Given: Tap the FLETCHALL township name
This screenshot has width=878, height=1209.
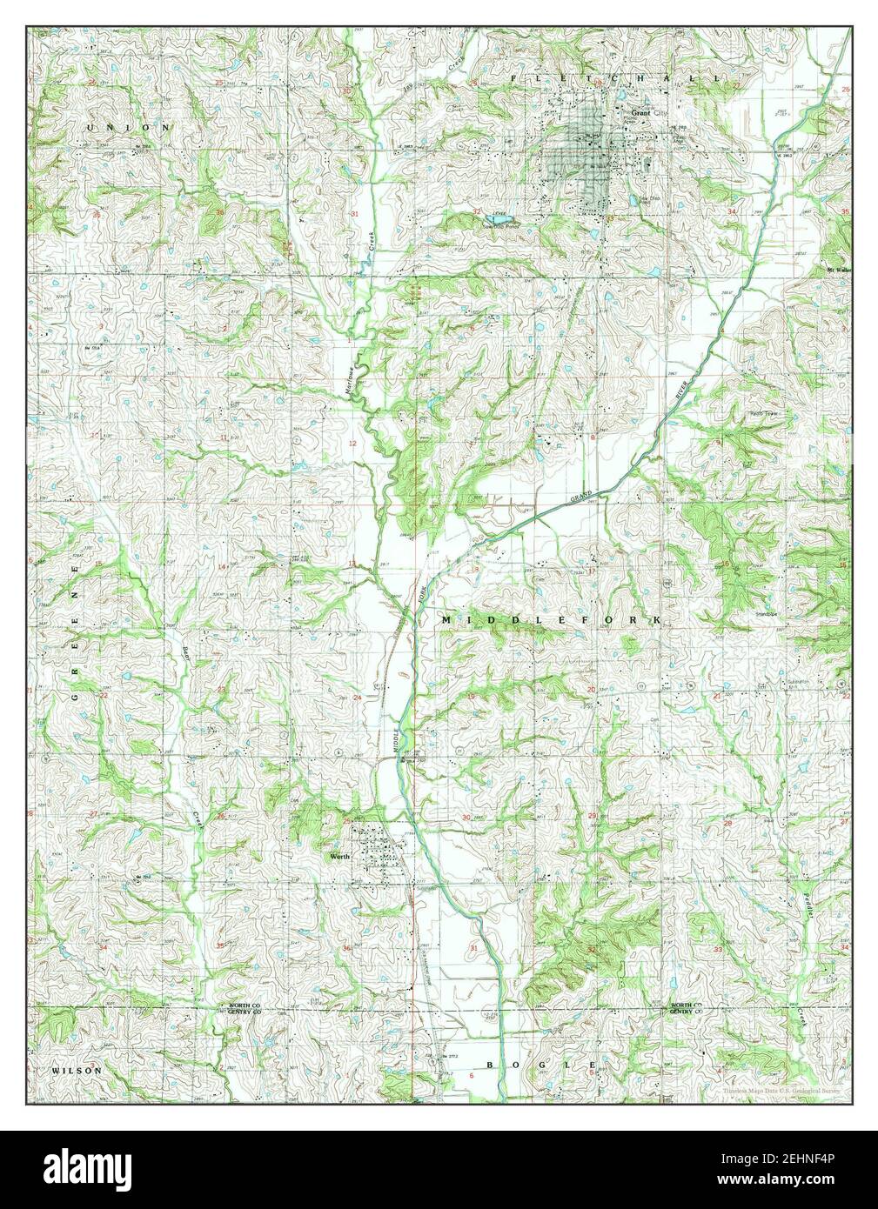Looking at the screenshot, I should coord(615,78).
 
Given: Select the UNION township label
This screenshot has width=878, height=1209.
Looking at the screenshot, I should coord(131,128).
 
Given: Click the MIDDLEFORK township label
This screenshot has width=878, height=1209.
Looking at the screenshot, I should coord(551,618).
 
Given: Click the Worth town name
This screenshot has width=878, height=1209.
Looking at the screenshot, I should coord(339,855).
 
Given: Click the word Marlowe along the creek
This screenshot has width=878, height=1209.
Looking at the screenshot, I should coord(348,384).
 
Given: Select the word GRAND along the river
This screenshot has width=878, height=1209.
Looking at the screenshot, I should coord(580,498).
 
